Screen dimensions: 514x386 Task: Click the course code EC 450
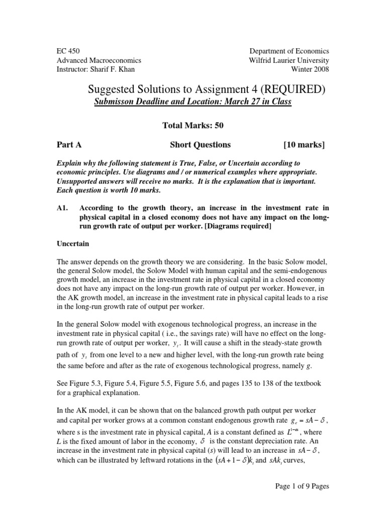[x=68, y=51]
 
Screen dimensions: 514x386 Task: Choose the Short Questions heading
[x=201, y=145]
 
